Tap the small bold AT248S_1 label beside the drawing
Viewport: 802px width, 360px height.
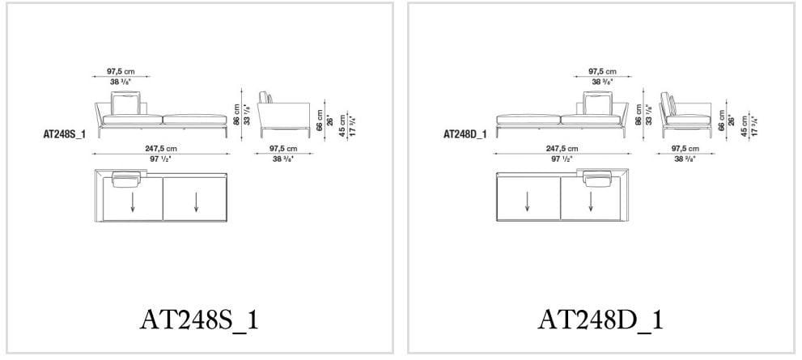(x=64, y=135)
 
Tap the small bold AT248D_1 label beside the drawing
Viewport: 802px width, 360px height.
(x=465, y=135)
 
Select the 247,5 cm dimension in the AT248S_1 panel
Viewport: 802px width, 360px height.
(x=160, y=149)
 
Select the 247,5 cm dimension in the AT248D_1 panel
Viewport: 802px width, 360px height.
(x=562, y=149)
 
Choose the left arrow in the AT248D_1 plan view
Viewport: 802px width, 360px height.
(x=528, y=202)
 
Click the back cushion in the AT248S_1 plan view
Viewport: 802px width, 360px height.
(x=126, y=178)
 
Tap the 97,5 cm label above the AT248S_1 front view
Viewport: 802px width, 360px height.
(x=121, y=72)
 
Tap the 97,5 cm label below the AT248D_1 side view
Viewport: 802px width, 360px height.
(x=684, y=149)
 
